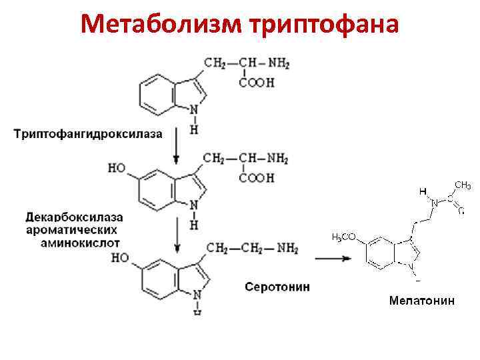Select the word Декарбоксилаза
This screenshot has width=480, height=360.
click(x=75, y=218)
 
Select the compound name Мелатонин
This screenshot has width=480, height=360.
click(x=422, y=301)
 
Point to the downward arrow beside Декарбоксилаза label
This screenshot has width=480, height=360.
click(x=176, y=233)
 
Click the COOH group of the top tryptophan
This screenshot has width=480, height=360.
click(x=257, y=83)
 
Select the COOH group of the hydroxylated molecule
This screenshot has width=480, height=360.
click(x=257, y=178)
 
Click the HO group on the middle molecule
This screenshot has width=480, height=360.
click(x=117, y=169)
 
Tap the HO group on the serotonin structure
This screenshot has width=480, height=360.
click(x=121, y=257)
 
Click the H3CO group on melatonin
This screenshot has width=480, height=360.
click(x=343, y=237)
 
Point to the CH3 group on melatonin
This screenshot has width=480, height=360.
click(x=463, y=183)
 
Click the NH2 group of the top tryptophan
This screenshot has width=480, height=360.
click(x=278, y=64)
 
